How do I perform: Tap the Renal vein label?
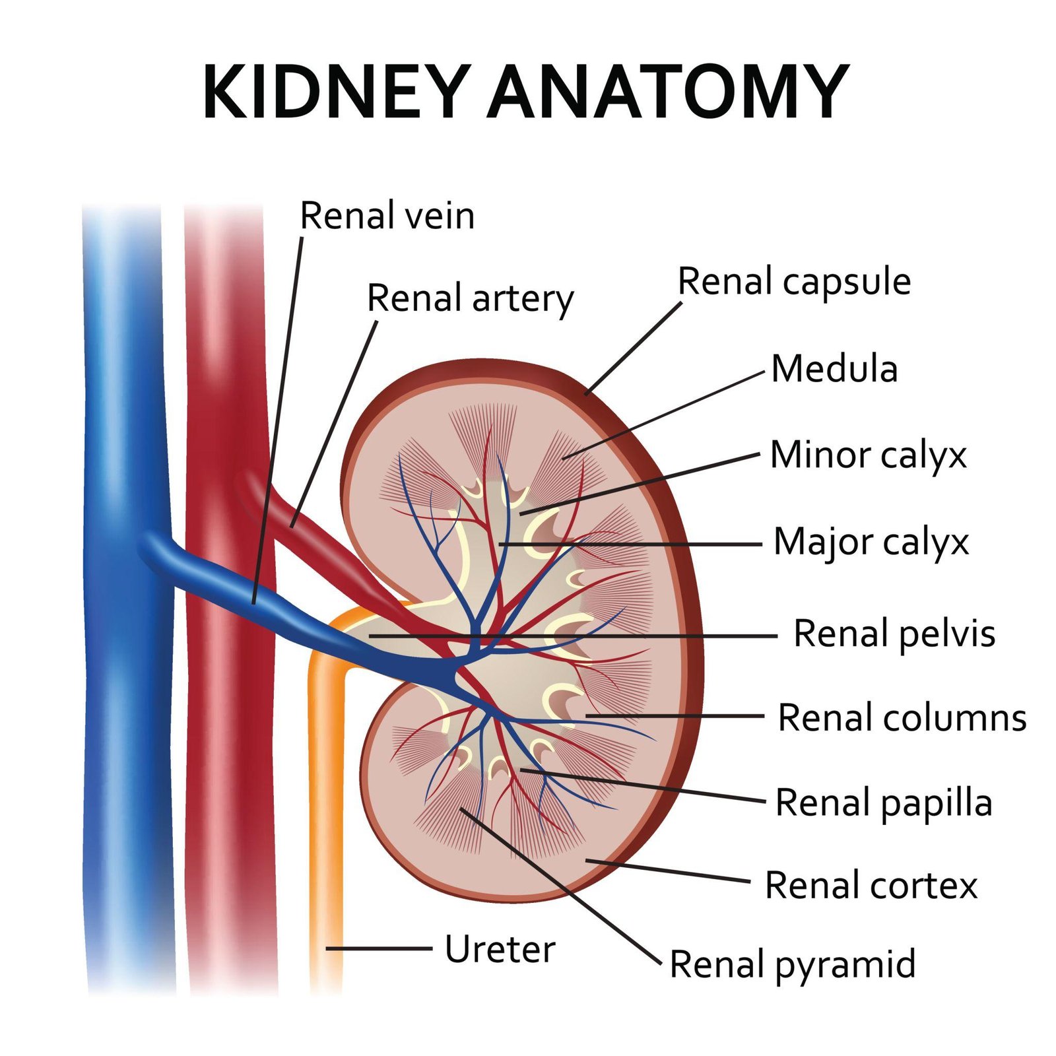coord(387,216)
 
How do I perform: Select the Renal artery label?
coord(470,298)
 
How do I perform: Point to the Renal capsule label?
coord(794,282)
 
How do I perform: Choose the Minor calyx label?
coord(868,455)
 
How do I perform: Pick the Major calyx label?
coord(871,543)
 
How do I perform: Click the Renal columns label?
coord(902,717)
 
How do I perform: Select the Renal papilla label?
coord(883,803)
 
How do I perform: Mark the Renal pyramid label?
coord(792,964)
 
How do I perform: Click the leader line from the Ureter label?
coord(379,948)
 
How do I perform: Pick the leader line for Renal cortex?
coord(667,871)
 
